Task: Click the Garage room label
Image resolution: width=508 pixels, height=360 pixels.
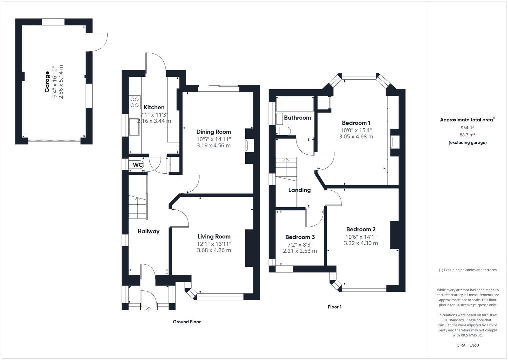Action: (47, 82)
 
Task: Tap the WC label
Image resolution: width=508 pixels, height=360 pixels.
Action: (138, 165)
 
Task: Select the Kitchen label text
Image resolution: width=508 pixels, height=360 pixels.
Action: (154, 107)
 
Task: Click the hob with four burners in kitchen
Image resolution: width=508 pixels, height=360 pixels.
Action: (135, 102)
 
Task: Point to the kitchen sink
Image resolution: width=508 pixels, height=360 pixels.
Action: (135, 127)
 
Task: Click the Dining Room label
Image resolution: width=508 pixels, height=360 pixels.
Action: (214, 132)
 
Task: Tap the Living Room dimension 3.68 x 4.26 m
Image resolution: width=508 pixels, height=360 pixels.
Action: (214, 250)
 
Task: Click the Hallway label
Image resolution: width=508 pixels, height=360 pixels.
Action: (149, 231)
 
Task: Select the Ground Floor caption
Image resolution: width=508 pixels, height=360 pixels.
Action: (187, 322)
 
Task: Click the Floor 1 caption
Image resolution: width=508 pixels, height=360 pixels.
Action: (334, 307)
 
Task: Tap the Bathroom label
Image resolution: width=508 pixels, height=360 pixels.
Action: (297, 118)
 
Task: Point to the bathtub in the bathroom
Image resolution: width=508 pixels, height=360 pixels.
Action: (294, 104)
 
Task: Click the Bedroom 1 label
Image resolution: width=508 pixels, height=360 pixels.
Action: (356, 123)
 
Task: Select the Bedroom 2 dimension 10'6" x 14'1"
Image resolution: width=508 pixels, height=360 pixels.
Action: (361, 237)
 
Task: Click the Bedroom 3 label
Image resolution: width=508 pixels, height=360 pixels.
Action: (300, 237)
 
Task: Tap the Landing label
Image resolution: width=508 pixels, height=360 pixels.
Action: (299, 190)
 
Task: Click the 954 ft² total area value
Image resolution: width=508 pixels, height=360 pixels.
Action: (467, 127)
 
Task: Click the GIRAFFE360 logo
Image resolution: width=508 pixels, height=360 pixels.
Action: (467, 345)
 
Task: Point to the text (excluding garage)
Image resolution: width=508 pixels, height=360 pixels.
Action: (467, 143)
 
